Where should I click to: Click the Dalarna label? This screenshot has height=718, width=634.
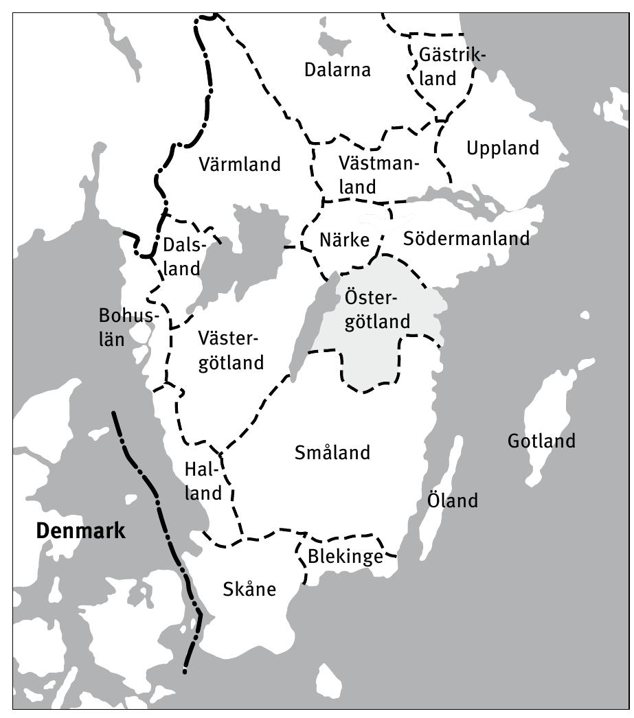337,69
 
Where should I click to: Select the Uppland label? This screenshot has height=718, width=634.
503,148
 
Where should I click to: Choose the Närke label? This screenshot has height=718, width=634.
345,240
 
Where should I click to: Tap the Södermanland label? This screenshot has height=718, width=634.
466,238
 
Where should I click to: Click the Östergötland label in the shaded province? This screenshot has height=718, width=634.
376,310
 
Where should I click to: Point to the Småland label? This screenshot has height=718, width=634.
332,453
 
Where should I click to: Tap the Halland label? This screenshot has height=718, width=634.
203,480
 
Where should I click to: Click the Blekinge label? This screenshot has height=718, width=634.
346,557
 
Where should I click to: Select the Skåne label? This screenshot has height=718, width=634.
249,589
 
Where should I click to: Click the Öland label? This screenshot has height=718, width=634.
452,500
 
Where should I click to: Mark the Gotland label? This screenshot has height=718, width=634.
541,441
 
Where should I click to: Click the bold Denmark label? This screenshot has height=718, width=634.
81,531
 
